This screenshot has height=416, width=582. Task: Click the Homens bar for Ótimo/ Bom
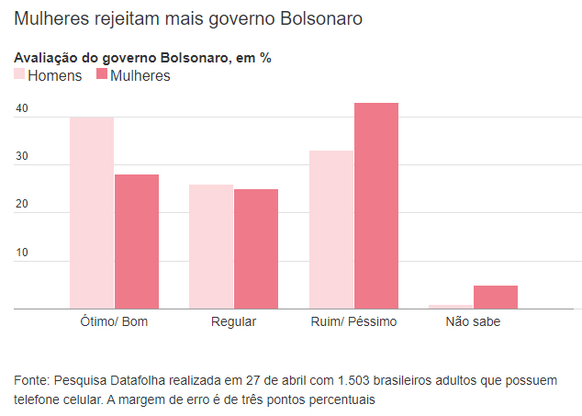[92, 213]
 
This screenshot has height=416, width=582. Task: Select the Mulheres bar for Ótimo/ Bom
[137, 242]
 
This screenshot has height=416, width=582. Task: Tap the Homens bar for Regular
[211, 247]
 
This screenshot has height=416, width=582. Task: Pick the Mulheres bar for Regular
[256, 249]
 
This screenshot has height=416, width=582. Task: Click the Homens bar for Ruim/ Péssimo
[331, 230]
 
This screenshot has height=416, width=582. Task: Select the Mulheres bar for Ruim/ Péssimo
[376, 206]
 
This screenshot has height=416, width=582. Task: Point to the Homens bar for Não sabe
[451, 307]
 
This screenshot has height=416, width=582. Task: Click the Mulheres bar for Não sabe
[496, 298]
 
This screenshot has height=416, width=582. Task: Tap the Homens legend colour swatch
[19, 75]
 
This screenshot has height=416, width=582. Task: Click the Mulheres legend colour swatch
[102, 75]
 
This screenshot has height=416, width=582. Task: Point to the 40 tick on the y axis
[22, 109]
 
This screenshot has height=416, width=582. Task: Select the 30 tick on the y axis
[22, 157]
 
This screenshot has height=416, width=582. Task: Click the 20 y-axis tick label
[22, 205]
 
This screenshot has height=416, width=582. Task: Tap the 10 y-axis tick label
[22, 253]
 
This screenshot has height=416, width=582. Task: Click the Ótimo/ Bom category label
[115, 322]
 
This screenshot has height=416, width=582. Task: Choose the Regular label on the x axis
[233, 322]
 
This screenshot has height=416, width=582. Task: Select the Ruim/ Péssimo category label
[353, 322]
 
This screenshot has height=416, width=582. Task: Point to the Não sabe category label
[473, 322]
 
